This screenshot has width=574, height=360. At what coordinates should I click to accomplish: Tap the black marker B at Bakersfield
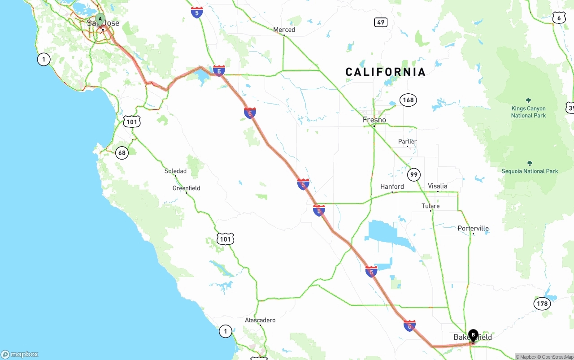click(x=473, y=335)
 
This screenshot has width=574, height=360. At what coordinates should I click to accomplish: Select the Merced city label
click(x=284, y=30)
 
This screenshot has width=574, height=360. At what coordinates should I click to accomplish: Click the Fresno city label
click(x=374, y=120)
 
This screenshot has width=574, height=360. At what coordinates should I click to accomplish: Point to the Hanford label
click(x=392, y=187)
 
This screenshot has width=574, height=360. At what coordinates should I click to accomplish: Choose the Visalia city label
click(x=437, y=186)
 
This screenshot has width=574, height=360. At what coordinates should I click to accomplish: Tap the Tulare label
click(x=430, y=206)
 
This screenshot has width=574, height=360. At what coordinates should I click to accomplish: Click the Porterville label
click(x=473, y=228)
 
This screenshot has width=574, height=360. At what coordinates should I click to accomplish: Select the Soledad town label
click(x=175, y=171)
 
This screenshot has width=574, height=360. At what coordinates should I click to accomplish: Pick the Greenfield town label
click(x=186, y=188)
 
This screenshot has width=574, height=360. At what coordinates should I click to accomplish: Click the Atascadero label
click(x=260, y=320)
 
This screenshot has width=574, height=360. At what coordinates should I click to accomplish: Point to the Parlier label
click(x=407, y=142)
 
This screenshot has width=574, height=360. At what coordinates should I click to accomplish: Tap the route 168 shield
click(x=408, y=100)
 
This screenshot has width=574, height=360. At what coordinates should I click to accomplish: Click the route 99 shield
click(x=414, y=174)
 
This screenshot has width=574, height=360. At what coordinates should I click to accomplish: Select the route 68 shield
click(x=122, y=153)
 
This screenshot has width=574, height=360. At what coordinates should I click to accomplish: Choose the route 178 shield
click(x=542, y=304)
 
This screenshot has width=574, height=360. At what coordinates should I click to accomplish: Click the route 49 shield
click(x=381, y=22)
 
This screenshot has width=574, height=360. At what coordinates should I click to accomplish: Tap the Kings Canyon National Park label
click(x=528, y=112)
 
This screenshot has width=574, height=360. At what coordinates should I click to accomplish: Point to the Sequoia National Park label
click(x=530, y=171)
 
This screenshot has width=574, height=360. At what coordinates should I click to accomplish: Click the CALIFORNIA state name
click(x=385, y=72)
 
